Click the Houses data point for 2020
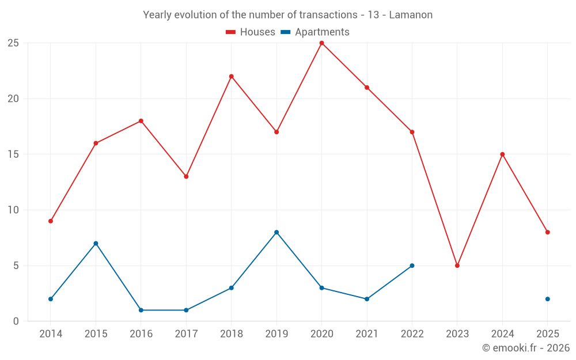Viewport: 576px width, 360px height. click(321, 43)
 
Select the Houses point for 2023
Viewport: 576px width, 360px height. click(457, 266)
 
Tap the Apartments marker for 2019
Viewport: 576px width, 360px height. click(276, 232)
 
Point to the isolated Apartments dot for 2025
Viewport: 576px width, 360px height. click(548, 299)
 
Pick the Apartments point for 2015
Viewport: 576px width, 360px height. click(96, 243)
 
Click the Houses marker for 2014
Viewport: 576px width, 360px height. click(51, 221)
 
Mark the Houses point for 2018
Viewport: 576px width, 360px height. click(231, 77)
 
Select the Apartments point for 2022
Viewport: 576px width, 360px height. click(412, 266)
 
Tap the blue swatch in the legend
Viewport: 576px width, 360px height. click(285, 32)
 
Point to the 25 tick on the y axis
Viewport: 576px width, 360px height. click(13, 43)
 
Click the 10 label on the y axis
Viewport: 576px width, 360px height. click(13, 210)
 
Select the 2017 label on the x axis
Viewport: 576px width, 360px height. click(186, 334)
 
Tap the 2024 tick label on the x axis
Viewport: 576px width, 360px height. click(502, 334)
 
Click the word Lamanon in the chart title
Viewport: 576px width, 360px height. click(411, 15)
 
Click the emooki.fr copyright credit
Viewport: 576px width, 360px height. click(525, 348)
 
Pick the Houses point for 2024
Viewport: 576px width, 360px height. click(502, 154)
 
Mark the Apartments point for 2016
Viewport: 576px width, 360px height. click(141, 310)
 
